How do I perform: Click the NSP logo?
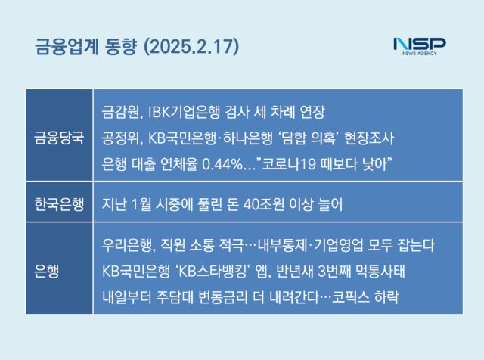420,46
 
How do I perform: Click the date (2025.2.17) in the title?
191,47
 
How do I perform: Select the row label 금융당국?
59,138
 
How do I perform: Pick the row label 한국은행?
59,204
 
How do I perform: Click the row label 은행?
47,271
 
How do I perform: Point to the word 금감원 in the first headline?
121,112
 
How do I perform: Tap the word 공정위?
121,138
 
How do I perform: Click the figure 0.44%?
222,164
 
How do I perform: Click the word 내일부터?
127,297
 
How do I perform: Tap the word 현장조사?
369,138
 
